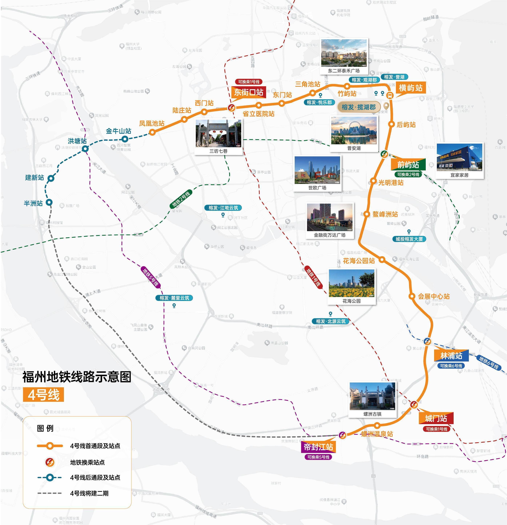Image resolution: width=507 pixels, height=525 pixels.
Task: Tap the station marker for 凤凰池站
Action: (152, 132)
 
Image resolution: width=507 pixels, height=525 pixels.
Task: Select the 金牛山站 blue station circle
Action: (125, 139)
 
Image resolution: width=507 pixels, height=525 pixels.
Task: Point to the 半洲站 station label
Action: (33, 203)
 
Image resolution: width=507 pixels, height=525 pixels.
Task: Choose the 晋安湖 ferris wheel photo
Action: (354, 130)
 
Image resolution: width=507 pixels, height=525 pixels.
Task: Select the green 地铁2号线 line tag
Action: (181, 199)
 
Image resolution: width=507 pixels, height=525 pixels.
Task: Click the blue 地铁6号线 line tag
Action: (489, 363)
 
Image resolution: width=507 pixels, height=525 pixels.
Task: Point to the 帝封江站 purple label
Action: (318, 447)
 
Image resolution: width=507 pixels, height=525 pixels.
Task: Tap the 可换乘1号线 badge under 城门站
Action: (436, 429)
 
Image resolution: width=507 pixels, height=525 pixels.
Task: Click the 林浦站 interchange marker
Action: (427, 341)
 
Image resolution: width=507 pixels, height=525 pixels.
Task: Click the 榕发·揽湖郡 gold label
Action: (358, 107)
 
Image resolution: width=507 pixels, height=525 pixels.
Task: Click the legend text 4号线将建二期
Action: (89, 493)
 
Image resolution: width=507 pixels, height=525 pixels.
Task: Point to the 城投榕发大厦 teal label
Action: (409, 239)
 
